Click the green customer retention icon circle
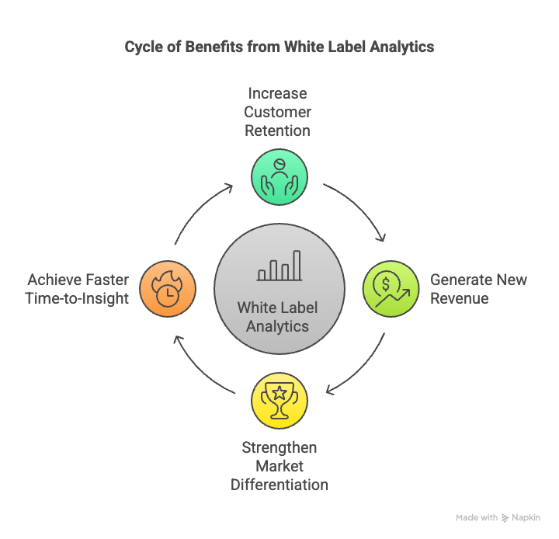[x=279, y=177]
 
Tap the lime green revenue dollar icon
[x=391, y=288]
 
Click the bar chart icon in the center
[x=279, y=266]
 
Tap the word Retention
[x=277, y=130]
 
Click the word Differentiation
[x=279, y=485]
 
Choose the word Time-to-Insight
[x=77, y=298]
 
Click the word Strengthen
[x=279, y=447]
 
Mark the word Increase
[x=277, y=93]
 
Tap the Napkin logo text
[x=526, y=517]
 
